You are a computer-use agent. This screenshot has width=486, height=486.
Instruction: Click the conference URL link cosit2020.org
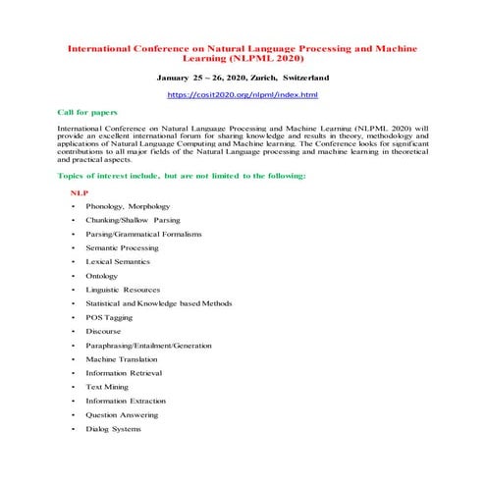(242, 94)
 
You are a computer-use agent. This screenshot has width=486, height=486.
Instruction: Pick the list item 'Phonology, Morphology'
(128, 207)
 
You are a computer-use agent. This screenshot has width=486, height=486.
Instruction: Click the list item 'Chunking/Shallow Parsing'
(133, 221)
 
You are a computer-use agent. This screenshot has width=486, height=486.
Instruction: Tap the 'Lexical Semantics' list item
(118, 262)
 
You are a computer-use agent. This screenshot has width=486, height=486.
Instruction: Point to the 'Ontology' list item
(101, 277)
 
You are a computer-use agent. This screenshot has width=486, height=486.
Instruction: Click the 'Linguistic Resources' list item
(123, 291)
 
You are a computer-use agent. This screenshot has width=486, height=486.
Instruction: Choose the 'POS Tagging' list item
(109, 318)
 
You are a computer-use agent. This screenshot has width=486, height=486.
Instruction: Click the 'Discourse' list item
(103, 332)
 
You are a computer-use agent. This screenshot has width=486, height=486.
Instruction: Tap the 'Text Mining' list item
(107, 387)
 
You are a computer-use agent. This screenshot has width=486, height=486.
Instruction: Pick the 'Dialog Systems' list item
(114, 428)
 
